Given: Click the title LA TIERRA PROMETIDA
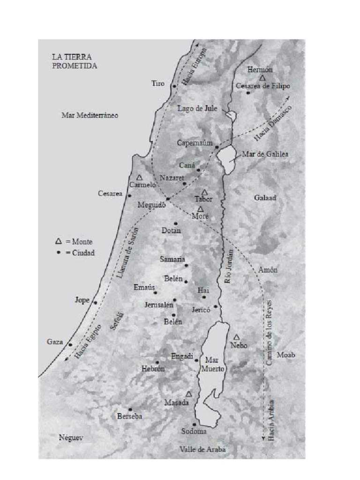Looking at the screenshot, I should (x=75, y=61).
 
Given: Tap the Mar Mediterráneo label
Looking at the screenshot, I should (x=90, y=115).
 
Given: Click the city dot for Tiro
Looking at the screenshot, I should (x=174, y=86).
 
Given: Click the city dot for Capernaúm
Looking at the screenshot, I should (x=217, y=147).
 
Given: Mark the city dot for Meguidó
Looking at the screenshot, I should (x=167, y=199).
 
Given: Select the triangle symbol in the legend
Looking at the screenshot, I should (x=59, y=241).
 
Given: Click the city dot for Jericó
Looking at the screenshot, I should (x=216, y=307).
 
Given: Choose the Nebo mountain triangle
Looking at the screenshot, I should (x=237, y=337).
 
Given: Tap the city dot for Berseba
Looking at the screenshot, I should (x=130, y=409).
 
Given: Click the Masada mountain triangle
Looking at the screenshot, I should (x=189, y=394).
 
